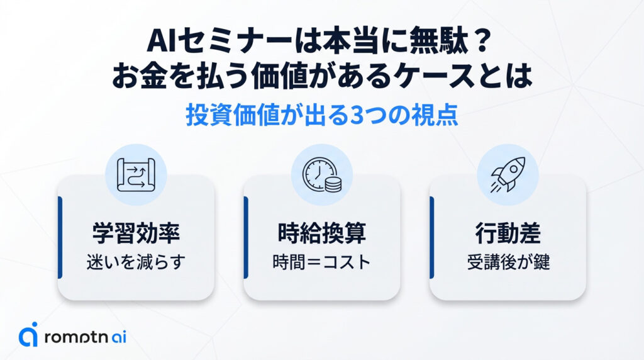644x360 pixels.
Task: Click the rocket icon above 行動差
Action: pos(508,174)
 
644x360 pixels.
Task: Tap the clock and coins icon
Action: pos(321,174)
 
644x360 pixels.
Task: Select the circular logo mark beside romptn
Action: pos(28,336)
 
